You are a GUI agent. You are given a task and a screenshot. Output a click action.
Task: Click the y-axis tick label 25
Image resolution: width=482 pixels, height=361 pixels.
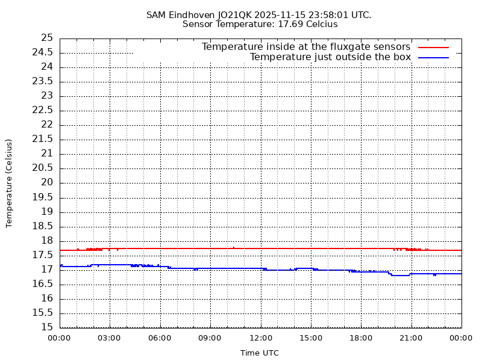[47, 38]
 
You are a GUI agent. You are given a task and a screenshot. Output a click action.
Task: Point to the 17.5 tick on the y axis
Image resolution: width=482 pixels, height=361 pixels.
[44, 255]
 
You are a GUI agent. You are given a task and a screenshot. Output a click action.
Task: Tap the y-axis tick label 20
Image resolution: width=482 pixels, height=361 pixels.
[47, 182]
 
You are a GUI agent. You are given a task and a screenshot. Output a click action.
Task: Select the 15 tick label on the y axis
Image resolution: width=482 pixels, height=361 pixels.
[47, 327]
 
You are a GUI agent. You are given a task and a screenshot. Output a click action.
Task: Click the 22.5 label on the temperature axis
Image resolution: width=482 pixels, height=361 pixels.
[44, 110]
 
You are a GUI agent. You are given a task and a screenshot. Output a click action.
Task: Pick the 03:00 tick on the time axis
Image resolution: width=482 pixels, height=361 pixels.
[110, 338]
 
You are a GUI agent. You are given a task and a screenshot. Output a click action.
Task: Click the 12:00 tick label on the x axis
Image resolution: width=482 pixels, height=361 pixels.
[261, 338]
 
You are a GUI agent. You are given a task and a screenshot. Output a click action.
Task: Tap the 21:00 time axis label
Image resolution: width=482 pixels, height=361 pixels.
[412, 338]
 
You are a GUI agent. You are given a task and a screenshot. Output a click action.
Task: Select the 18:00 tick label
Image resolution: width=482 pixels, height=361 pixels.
[361, 338]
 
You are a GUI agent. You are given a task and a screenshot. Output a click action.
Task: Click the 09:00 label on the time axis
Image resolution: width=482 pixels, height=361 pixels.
[210, 338]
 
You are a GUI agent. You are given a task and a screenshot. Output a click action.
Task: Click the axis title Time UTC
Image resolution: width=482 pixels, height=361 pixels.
[260, 353]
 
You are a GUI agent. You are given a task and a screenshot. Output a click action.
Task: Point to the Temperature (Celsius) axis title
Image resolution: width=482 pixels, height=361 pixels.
[9, 183]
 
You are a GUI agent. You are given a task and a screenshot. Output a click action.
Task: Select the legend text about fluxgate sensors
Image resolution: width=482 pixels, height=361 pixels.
[305, 47]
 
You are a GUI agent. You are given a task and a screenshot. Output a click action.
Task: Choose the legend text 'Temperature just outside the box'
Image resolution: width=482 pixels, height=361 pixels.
[330, 58]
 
